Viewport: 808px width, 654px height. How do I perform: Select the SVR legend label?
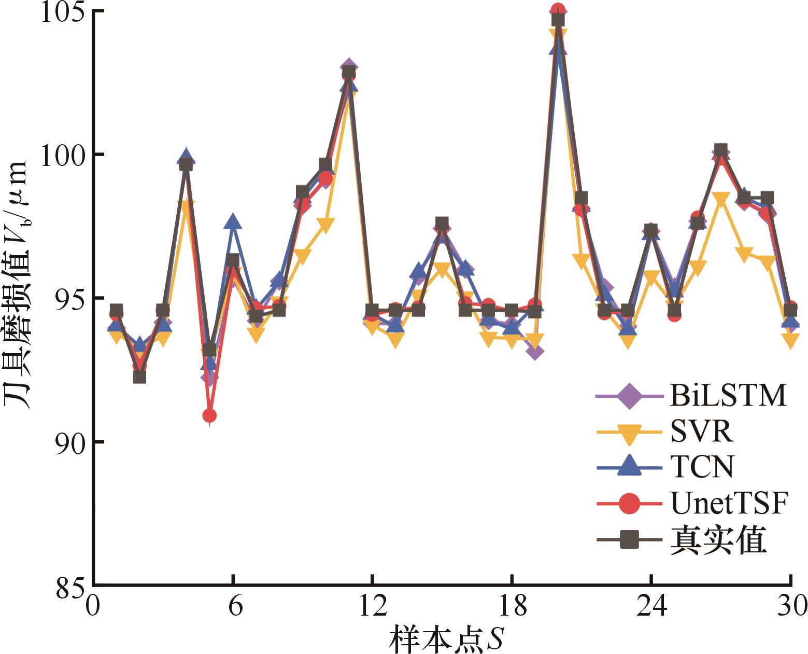click(702, 432)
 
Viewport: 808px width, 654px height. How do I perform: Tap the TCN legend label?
click(702, 467)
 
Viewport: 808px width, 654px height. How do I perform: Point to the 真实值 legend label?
click(718, 540)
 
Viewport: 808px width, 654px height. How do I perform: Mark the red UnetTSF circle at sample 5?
click(209, 415)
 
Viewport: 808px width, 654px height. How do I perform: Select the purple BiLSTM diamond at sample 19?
click(535, 352)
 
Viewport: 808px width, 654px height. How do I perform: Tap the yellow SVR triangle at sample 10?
click(325, 226)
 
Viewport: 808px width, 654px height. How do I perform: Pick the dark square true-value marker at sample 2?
click(139, 377)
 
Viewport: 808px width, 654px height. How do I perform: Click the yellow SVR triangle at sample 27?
click(721, 199)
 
